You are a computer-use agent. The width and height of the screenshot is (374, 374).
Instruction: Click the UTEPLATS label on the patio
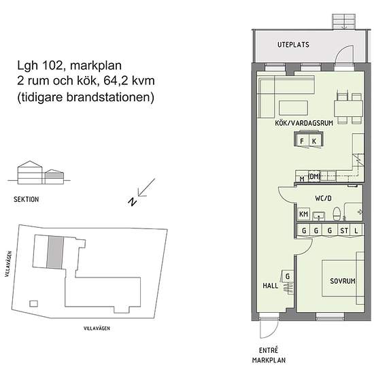pos(293,45)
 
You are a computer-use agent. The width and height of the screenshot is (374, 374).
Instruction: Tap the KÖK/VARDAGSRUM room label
pos(304,123)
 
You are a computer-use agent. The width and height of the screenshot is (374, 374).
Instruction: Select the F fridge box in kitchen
pos(302,141)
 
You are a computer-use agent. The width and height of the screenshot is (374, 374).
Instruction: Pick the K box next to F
pos(315,141)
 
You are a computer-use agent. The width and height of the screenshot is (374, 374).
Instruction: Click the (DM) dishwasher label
pos(314,177)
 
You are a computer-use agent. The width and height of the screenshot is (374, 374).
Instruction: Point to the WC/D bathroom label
pos(323,198)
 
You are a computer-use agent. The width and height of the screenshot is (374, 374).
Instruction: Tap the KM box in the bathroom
pos(303,214)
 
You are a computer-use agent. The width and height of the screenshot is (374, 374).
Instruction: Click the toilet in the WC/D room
pos(337,214)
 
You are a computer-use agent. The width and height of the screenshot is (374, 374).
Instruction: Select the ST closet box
pos(344,231)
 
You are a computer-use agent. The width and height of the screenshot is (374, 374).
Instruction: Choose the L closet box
pos(356,231)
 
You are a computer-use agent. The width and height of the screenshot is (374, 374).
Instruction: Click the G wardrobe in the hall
pos(288,277)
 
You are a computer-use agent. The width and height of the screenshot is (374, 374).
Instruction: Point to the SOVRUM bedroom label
pos(343,281)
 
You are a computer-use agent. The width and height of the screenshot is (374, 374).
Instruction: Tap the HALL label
pos(271,286)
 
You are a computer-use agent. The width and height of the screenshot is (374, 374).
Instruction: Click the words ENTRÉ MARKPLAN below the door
pos(269,355)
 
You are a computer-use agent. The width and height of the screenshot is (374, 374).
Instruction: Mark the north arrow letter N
pos(132,202)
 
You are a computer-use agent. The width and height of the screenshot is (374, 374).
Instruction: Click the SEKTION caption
pos(27,199)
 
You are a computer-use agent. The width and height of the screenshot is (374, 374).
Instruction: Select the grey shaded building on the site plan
pos(55,252)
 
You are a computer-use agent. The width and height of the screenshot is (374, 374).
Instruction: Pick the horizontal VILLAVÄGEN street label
pos(97,328)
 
